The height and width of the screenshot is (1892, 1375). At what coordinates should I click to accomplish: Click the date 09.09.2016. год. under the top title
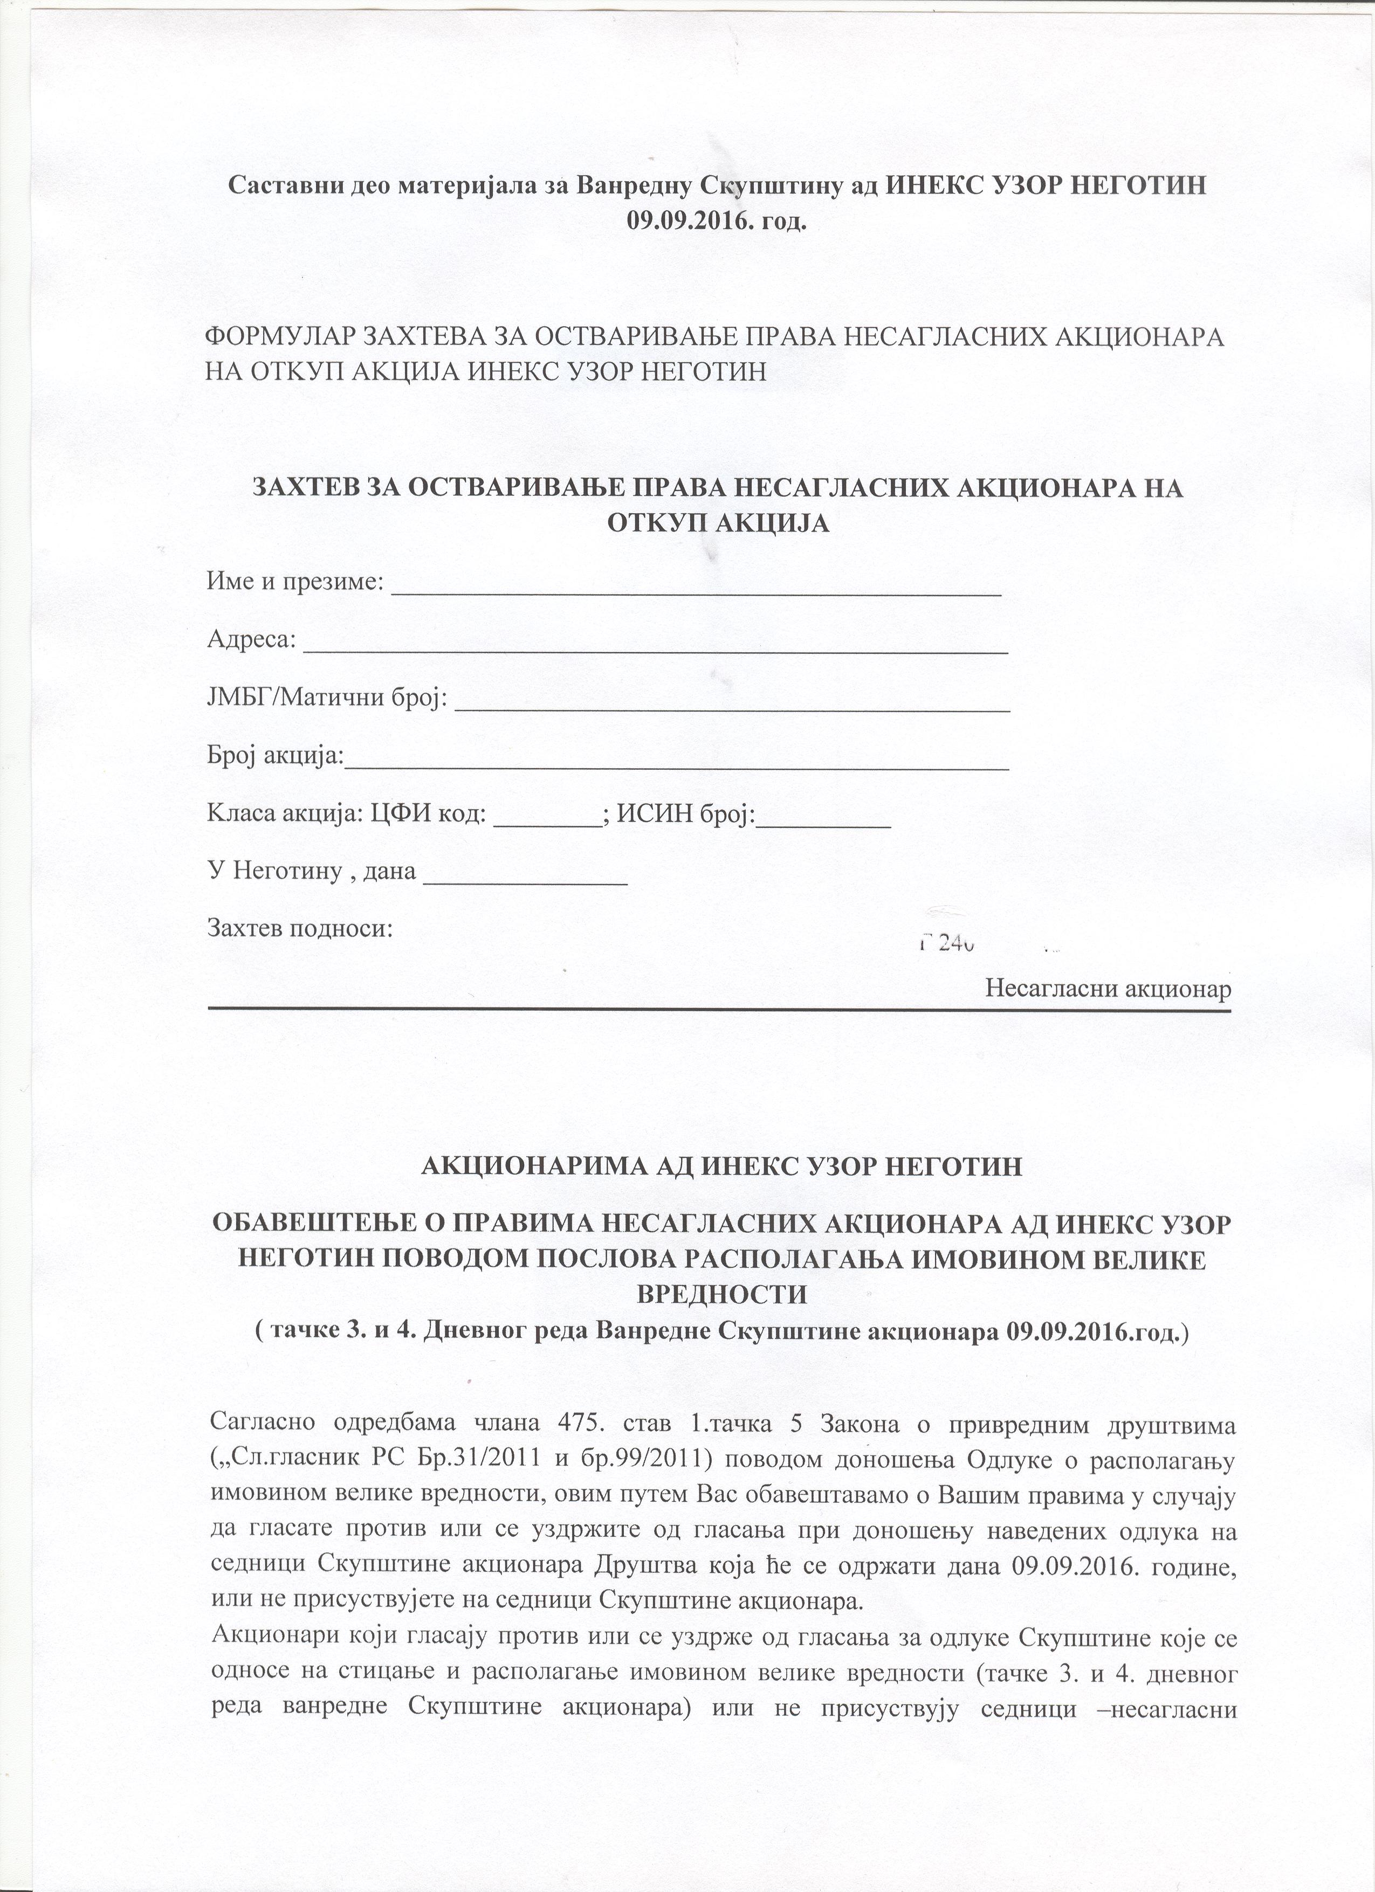click(718, 220)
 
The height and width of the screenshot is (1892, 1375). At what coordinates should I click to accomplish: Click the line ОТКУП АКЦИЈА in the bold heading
click(718, 523)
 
